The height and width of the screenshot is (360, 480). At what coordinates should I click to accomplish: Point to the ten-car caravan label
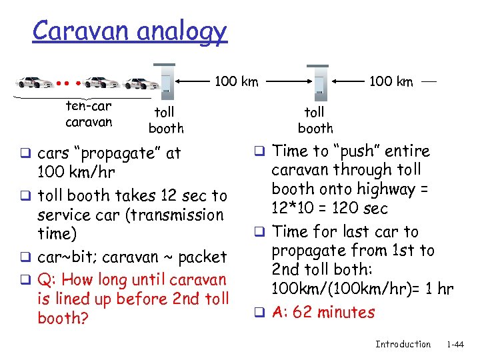point(89,114)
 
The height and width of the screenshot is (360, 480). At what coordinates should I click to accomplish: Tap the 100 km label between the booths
point(236,82)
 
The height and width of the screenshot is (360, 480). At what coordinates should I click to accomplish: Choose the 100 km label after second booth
point(391,82)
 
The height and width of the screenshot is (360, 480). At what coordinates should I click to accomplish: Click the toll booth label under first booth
point(165,120)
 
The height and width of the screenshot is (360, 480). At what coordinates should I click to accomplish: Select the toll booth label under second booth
point(315,120)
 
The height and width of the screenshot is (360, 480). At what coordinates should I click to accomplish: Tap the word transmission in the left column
point(179,215)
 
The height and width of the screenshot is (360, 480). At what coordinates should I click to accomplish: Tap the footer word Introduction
point(403,344)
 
